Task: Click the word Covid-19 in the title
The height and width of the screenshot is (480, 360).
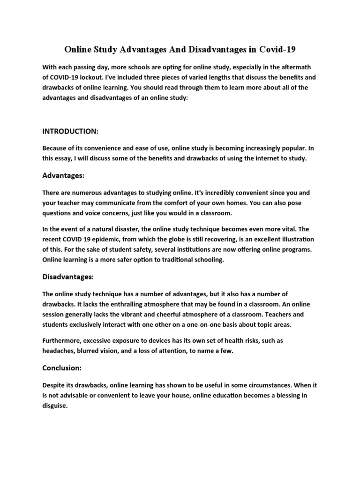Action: point(280,49)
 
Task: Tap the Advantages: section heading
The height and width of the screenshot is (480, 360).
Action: point(63,175)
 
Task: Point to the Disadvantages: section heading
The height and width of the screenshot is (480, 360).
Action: point(68,277)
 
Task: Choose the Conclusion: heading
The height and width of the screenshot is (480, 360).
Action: point(62,368)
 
